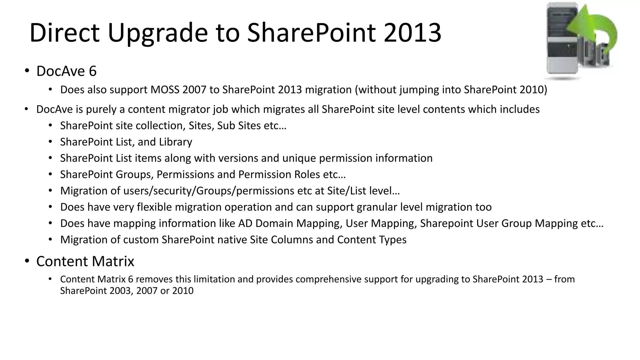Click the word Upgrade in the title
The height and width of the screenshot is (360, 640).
158,33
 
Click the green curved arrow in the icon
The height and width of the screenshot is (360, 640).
595,30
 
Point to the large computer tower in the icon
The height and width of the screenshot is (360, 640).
562,41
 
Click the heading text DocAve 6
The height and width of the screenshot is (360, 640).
66,71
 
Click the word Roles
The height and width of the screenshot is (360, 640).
307,174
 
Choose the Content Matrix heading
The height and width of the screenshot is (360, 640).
85,261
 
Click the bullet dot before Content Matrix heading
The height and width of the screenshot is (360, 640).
27,261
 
